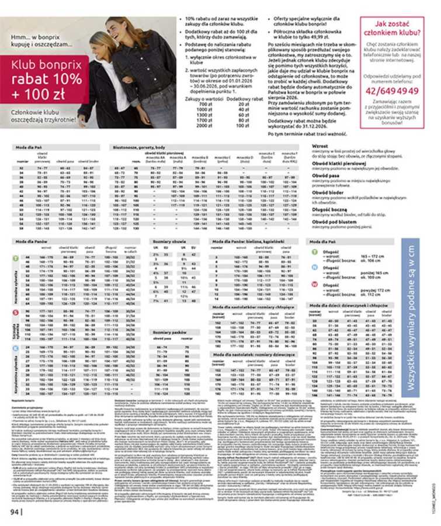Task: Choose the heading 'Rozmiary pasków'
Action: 169,331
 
